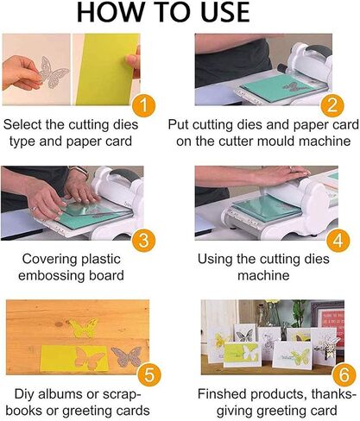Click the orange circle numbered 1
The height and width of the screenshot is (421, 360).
coord(148,107)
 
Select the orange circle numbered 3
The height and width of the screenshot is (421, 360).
coord(148,237)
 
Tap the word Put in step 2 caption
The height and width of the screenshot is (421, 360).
coord(209,128)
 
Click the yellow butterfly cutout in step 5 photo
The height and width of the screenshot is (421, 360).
coord(84,328)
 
